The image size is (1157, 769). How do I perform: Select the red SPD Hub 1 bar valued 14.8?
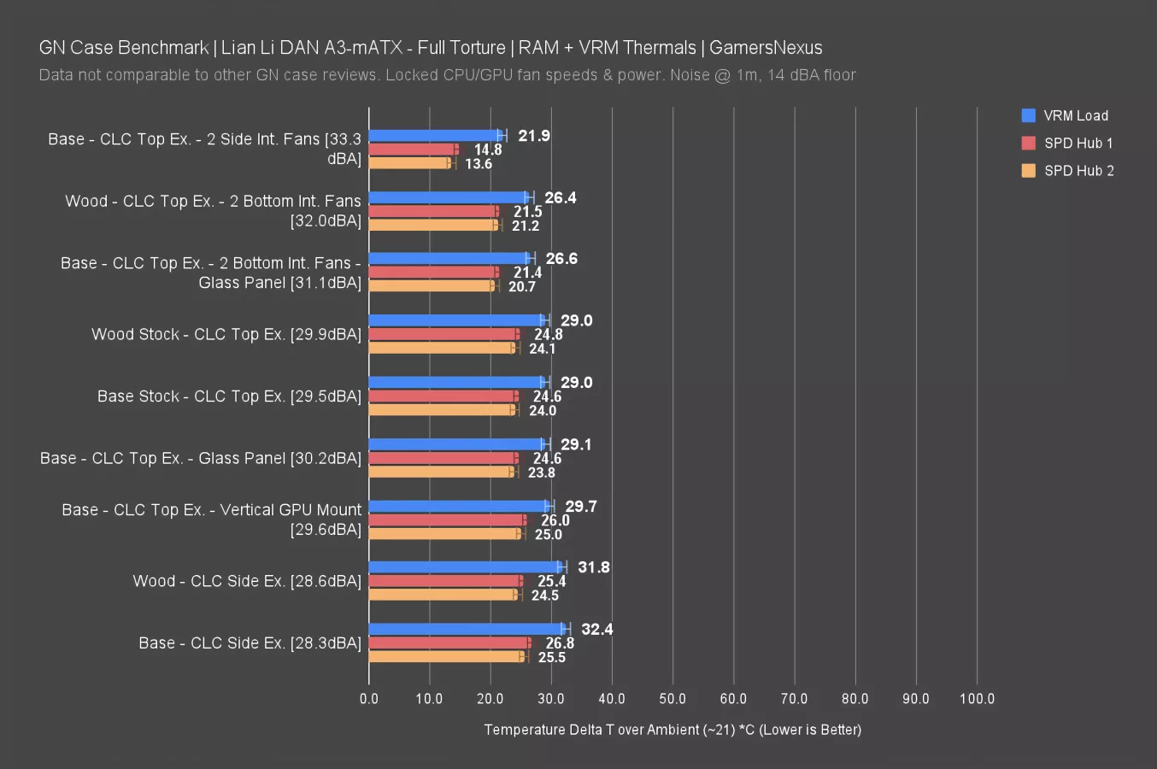(x=413, y=150)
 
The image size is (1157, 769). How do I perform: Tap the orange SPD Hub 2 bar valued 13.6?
(x=409, y=163)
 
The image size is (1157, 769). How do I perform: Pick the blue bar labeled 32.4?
(x=467, y=629)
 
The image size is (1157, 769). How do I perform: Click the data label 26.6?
(x=561, y=259)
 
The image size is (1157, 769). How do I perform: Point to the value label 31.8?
(x=593, y=567)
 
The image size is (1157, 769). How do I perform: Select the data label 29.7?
(x=581, y=507)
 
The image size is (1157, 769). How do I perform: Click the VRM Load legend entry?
(x=1075, y=115)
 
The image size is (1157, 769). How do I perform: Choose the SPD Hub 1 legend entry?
(x=1078, y=143)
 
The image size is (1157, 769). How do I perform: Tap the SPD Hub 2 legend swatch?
(x=1029, y=171)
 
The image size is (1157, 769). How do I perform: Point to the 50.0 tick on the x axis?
(x=672, y=699)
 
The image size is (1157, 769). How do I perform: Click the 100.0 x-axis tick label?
(x=977, y=699)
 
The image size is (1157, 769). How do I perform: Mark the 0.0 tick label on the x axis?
(x=369, y=699)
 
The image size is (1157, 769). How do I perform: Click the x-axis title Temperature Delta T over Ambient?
(x=672, y=730)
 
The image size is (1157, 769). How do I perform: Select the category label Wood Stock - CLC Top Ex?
(x=226, y=334)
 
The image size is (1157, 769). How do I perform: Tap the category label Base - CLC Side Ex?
(x=250, y=643)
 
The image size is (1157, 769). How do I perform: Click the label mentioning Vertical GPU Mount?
(x=212, y=519)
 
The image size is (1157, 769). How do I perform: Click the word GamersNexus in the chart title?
(x=766, y=48)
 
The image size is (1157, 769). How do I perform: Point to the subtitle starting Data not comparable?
(x=447, y=75)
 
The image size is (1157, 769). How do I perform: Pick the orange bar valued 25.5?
(x=445, y=657)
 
